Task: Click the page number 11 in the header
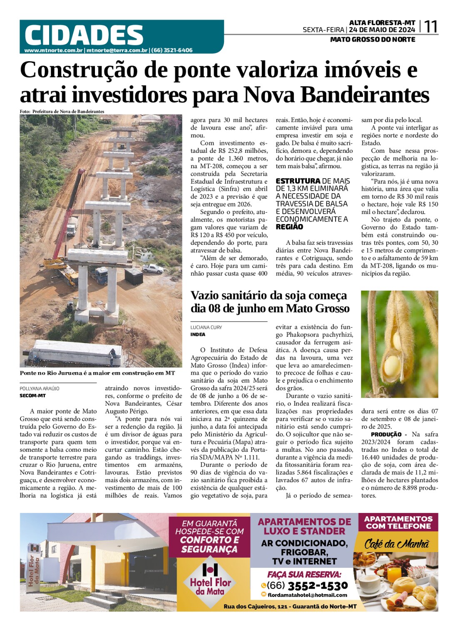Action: click(431, 27)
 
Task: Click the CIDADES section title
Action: click(84, 35)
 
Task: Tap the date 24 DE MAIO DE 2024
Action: click(382, 30)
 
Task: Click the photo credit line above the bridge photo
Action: click(62, 112)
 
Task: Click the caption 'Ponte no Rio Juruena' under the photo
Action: click(97, 373)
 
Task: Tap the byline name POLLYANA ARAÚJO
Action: click(40, 388)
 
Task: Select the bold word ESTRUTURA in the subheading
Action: click(298, 181)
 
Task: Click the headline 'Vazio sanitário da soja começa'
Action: click(269, 295)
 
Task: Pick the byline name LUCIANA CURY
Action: click(206, 328)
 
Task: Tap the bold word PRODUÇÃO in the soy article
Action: click(386, 434)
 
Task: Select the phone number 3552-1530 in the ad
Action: click(317, 586)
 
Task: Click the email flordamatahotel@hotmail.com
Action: click(307, 595)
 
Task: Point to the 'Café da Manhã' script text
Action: click(396, 544)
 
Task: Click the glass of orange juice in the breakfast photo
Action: click(394, 574)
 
